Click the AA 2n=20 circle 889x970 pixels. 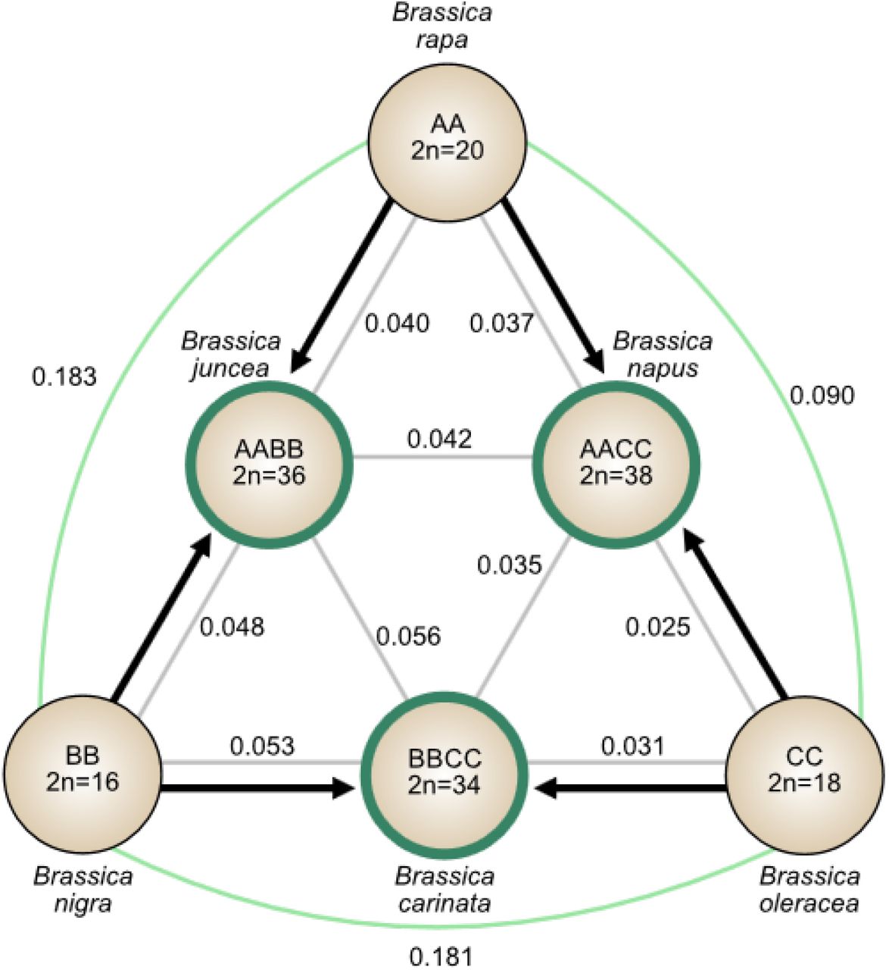(448, 143)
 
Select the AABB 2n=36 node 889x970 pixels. (270, 465)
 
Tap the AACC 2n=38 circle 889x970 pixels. (616, 465)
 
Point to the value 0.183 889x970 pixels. (64, 377)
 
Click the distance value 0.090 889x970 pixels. (822, 396)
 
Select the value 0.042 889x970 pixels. (439, 439)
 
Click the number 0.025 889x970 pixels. (658, 627)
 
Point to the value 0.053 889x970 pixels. (262, 746)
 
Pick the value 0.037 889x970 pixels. (502, 323)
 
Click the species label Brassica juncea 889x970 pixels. (231, 355)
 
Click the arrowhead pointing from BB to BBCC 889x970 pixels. (344, 787)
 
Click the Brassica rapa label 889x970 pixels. (441, 26)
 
